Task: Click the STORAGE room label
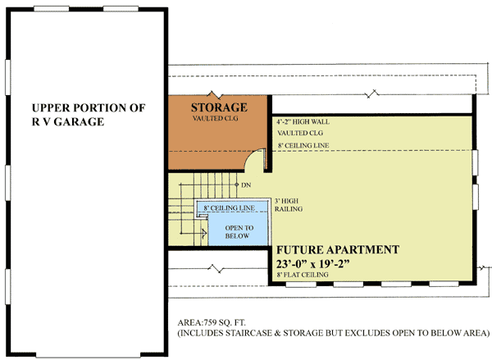tap(219, 107)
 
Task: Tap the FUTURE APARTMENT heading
tap(337, 249)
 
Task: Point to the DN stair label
tap(246, 185)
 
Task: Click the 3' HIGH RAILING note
tap(289, 205)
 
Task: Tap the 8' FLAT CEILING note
tap(303, 276)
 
